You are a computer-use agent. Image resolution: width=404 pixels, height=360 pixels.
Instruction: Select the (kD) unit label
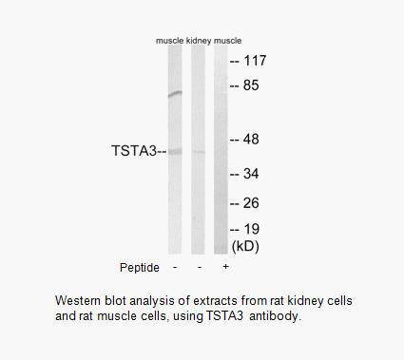coord(245,246)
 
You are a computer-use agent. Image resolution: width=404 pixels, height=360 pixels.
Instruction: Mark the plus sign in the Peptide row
coord(222,267)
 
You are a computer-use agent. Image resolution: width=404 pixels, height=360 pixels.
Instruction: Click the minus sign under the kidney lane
coord(198,267)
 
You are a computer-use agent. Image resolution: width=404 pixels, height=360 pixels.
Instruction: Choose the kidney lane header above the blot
coord(198,42)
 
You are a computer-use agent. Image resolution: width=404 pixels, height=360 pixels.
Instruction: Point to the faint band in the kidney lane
coord(198,151)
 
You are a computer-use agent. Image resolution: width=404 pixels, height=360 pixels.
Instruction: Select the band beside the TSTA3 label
coord(174,151)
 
